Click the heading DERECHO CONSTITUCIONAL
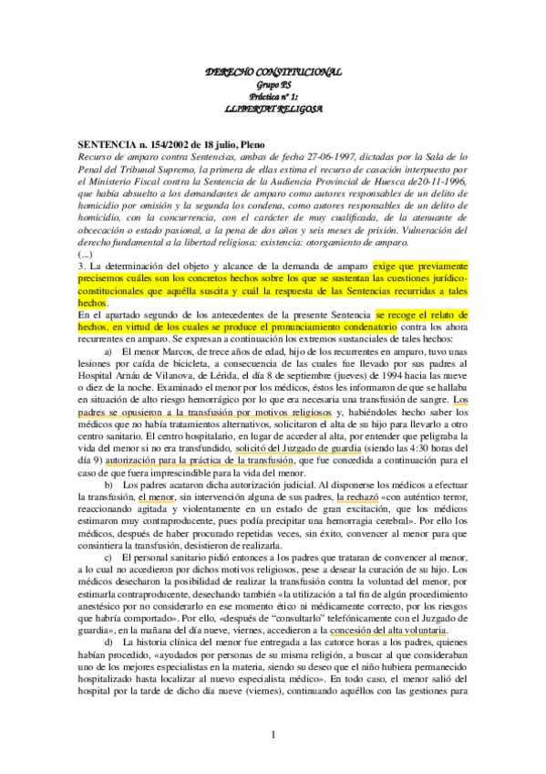coord(273,70)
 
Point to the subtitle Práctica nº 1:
coord(273,95)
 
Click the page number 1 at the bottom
coord(273,735)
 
